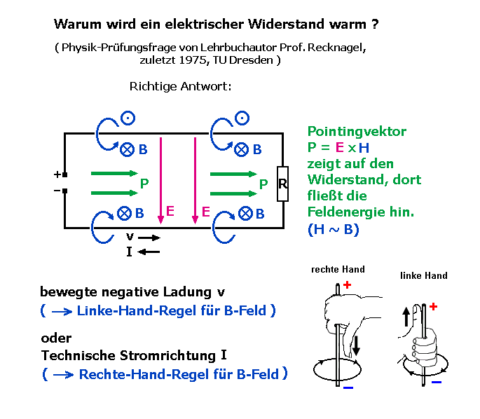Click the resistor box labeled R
tap(282, 184)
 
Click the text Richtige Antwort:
tap(180, 87)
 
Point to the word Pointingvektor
tap(357, 132)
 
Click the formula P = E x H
tap(338, 147)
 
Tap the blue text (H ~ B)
tap(333, 230)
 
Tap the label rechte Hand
tap(338, 269)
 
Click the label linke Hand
tap(423, 275)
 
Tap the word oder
tap(56, 338)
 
